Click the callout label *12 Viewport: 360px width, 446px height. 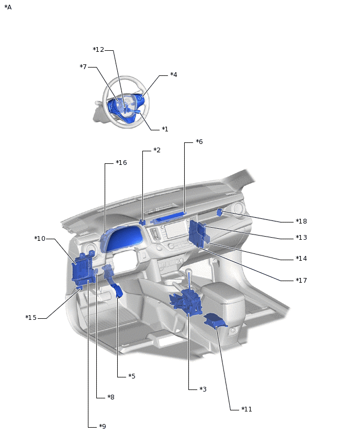[x=98, y=50]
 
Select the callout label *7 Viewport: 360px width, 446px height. [x=83, y=67]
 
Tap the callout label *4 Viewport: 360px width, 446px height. [x=174, y=74]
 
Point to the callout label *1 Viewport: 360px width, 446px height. [x=165, y=129]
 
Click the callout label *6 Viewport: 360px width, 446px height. [x=199, y=142]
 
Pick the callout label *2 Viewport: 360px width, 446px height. [x=157, y=150]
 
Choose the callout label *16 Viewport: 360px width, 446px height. [x=121, y=163]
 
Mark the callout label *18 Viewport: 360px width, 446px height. [x=301, y=221]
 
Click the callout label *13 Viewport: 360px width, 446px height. [x=301, y=238]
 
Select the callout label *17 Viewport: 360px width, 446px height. [x=301, y=281]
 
